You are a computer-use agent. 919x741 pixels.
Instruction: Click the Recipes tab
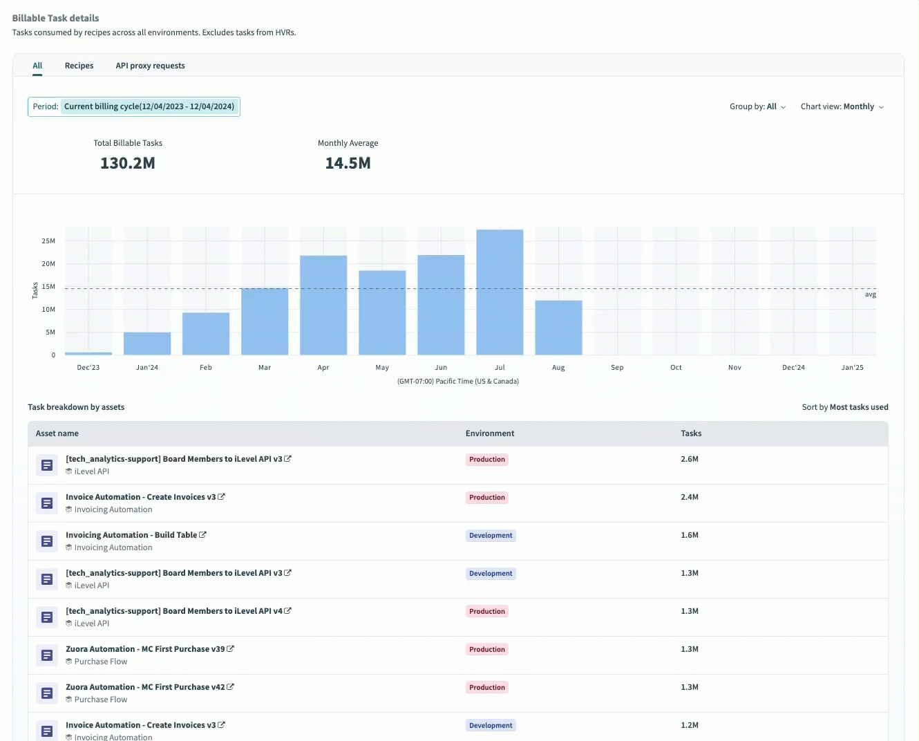click(x=79, y=66)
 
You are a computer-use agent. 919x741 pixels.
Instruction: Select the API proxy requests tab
click(x=150, y=66)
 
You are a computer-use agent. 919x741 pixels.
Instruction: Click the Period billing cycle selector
click(x=134, y=106)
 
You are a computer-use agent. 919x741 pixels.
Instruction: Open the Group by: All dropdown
click(x=757, y=106)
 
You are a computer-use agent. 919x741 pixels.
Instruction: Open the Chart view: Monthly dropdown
click(x=842, y=106)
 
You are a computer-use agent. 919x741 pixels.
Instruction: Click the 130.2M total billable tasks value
click(x=128, y=163)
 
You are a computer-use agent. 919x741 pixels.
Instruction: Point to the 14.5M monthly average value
click(x=348, y=163)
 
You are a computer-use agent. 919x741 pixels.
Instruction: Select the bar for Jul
click(x=500, y=292)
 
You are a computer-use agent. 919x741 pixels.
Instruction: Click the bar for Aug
click(x=558, y=328)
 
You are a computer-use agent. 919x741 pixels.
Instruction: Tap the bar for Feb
click(x=206, y=334)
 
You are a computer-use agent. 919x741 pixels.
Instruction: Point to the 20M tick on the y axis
click(x=48, y=263)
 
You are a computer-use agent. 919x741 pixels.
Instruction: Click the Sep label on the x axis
click(x=617, y=367)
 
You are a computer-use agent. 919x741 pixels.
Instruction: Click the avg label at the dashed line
click(x=870, y=294)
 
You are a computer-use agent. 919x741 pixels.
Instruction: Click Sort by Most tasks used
click(x=844, y=407)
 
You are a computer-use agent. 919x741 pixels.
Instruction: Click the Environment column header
click(x=490, y=433)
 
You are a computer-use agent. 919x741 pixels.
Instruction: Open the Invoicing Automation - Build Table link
click(x=131, y=535)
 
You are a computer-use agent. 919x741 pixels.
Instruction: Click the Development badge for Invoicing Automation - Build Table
click(x=491, y=536)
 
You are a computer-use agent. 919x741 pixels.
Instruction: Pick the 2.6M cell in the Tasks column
click(x=690, y=459)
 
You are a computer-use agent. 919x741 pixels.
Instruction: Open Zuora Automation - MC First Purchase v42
click(x=145, y=687)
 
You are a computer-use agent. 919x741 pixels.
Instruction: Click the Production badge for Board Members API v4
click(x=487, y=612)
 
